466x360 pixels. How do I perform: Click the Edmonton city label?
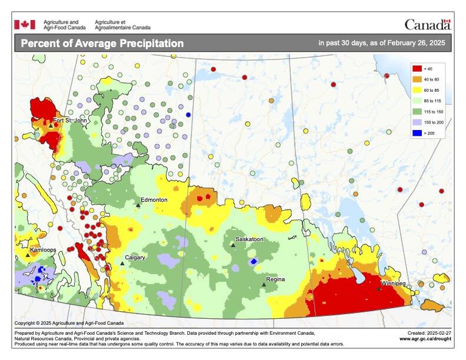(154, 200)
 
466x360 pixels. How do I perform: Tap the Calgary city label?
(135, 258)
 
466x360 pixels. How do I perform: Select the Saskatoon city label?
(249, 239)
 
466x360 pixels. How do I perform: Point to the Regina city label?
(276, 279)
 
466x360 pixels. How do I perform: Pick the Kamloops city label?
(43, 250)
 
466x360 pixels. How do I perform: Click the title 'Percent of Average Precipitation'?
(102, 44)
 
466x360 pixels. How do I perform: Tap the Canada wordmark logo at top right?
(427, 25)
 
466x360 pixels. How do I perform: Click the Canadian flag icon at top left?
(25, 24)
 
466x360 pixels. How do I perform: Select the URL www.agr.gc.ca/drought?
(425, 339)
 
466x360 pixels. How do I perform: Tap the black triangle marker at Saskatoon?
(233, 245)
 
